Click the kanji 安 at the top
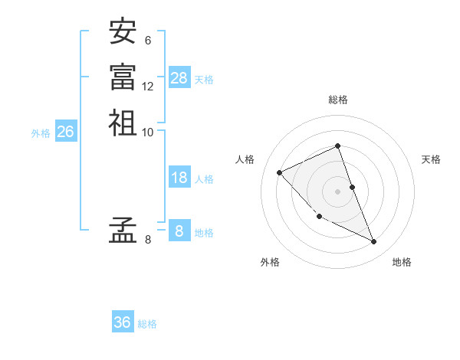[123, 32]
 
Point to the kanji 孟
[123, 230]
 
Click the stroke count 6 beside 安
[147, 41]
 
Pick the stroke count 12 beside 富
[148, 86]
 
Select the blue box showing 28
[179, 77]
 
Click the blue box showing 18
[179, 178]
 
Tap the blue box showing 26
[66, 132]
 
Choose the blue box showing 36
[123, 322]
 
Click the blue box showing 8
[179, 231]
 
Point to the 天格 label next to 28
[204, 79]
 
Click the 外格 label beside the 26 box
[41, 133]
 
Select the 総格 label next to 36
[147, 324]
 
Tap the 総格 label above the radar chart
[337, 100]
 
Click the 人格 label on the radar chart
[245, 159]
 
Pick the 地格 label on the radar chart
[402, 262]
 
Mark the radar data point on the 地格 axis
[374, 242]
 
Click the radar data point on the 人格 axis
[280, 172]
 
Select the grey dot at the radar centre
[337, 191]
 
